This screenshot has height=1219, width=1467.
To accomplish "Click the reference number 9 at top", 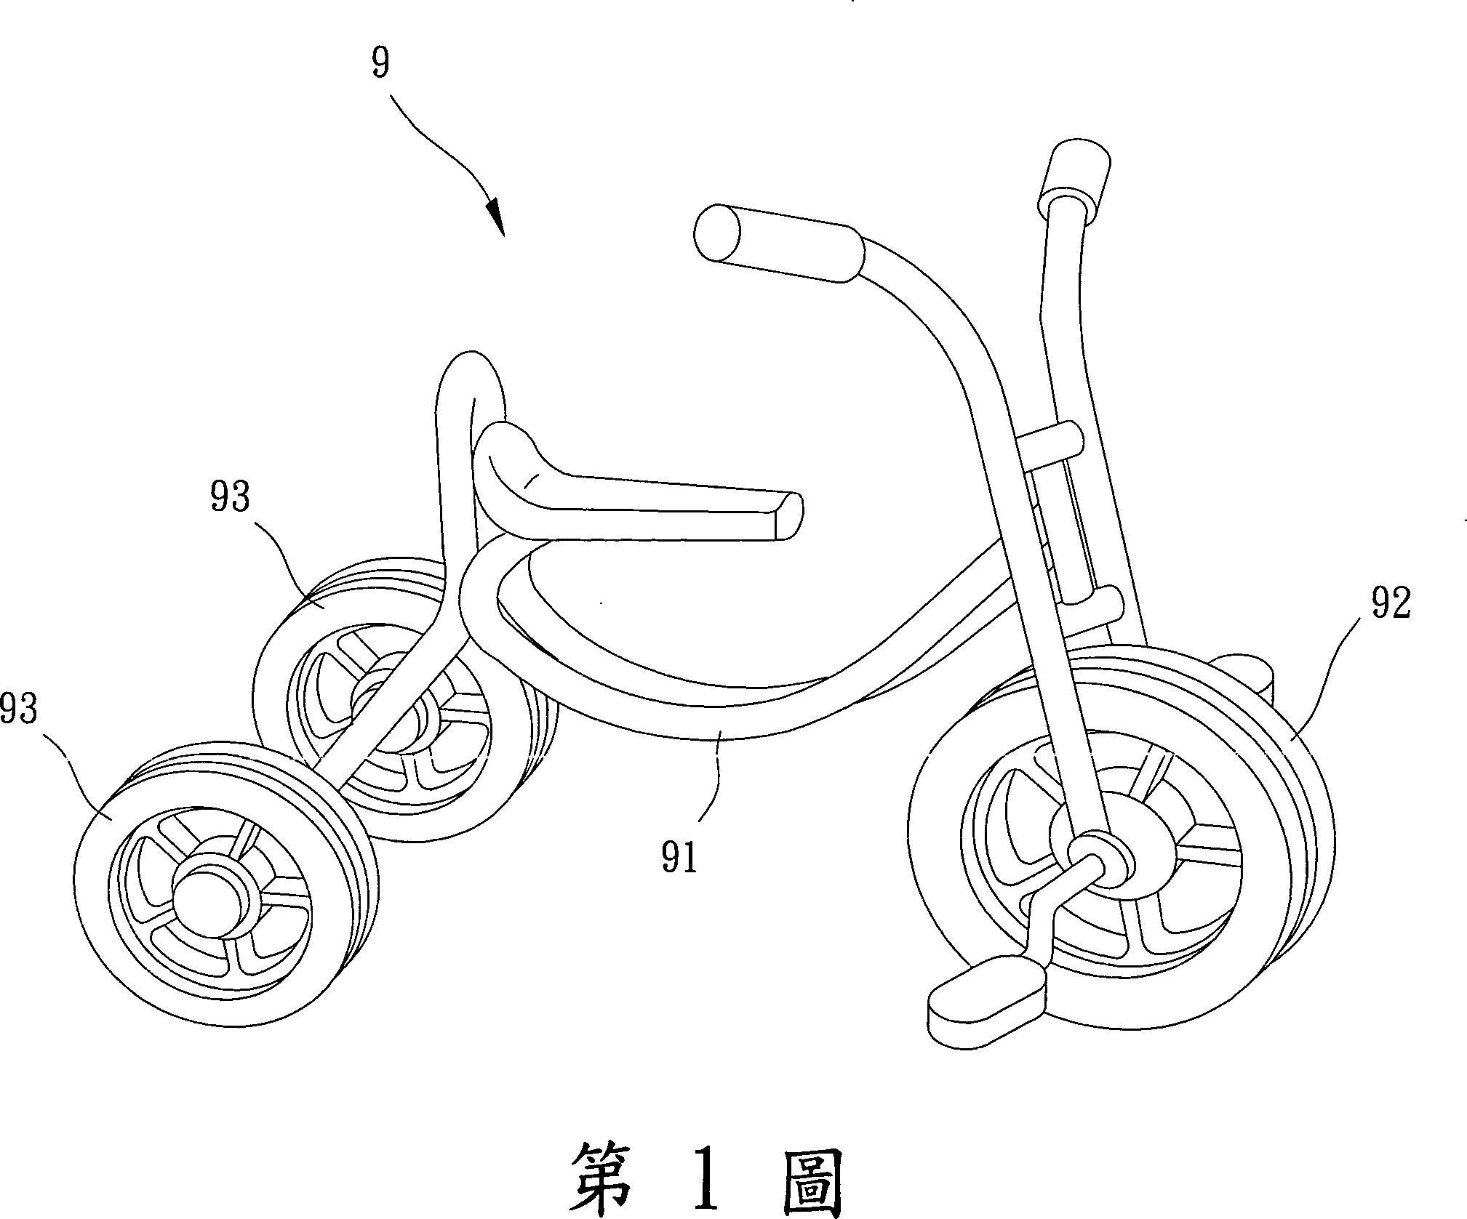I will (380, 64).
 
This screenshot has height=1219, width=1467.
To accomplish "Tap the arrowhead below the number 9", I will (495, 216).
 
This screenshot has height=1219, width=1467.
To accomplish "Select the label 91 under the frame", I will (680, 858).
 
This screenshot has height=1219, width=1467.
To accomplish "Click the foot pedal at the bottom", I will (986, 1000).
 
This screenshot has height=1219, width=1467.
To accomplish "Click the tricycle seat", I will (640, 502).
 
